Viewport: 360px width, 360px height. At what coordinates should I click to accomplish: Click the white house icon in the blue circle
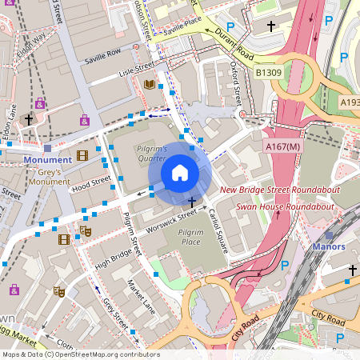pos(179,172)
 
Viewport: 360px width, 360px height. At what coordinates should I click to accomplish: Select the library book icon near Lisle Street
pos(149,84)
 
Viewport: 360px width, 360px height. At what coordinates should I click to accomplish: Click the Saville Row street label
pos(103,55)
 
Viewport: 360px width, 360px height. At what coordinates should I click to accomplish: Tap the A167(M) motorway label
pos(282,146)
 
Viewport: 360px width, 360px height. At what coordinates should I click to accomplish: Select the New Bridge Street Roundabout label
pos(281,190)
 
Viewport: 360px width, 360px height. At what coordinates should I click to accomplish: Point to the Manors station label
pos(329,246)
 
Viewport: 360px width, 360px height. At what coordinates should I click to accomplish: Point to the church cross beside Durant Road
pos(271,26)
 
